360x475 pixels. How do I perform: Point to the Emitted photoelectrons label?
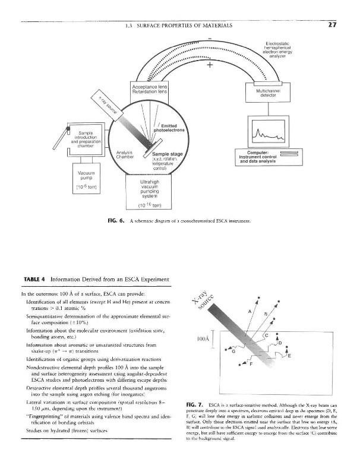tap(170, 127)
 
